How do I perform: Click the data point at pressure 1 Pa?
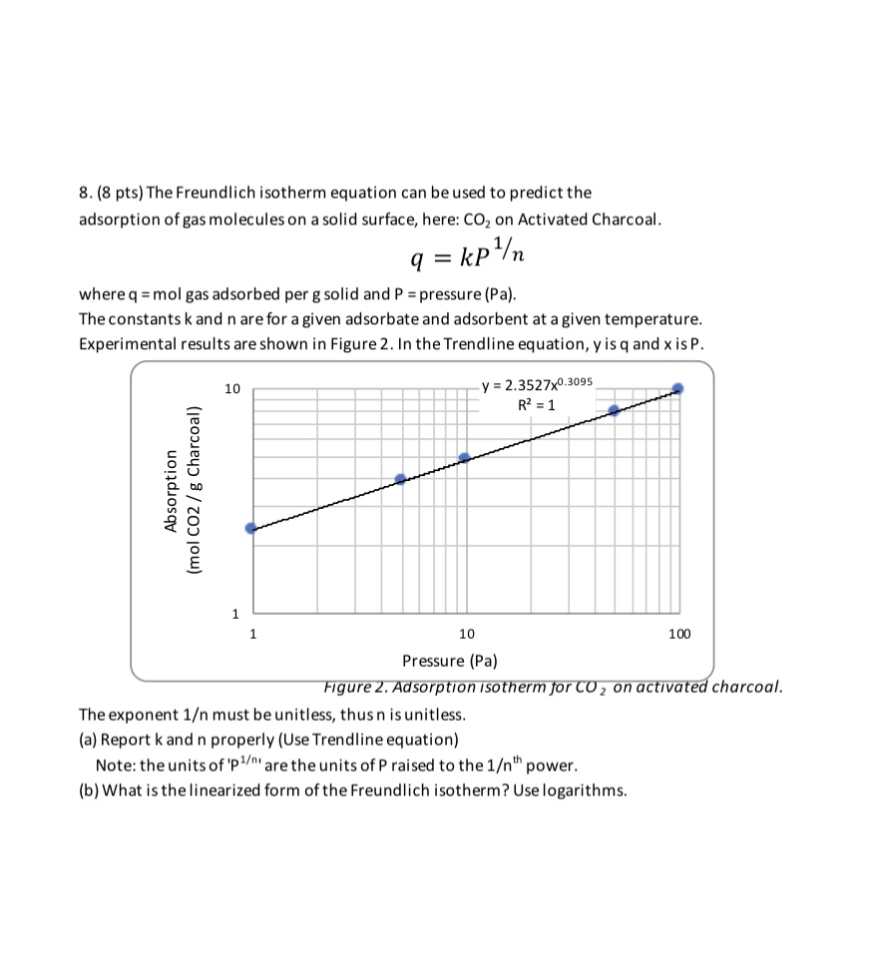pyautogui.click(x=251, y=528)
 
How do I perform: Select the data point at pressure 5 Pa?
pyautogui.click(x=400, y=479)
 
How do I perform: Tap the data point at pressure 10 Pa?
pyautogui.click(x=464, y=458)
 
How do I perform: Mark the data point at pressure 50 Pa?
pyautogui.click(x=614, y=410)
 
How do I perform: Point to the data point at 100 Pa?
pyautogui.click(x=677, y=388)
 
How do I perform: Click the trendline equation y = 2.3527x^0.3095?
pyautogui.click(x=537, y=385)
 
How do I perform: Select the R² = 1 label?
pyautogui.click(x=537, y=405)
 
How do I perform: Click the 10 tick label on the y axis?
pyautogui.click(x=231, y=389)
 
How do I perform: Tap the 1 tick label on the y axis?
pyautogui.click(x=235, y=613)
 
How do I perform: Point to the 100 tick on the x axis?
pyautogui.click(x=678, y=634)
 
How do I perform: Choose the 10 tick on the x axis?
pyautogui.click(x=466, y=634)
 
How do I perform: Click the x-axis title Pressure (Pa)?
pyautogui.click(x=449, y=661)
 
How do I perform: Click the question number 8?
pyautogui.click(x=84, y=192)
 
